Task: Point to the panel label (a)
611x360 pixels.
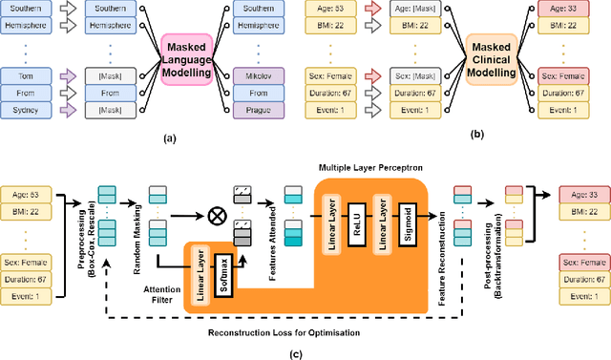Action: coord(170,138)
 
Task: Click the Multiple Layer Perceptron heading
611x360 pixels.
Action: coord(371,167)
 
